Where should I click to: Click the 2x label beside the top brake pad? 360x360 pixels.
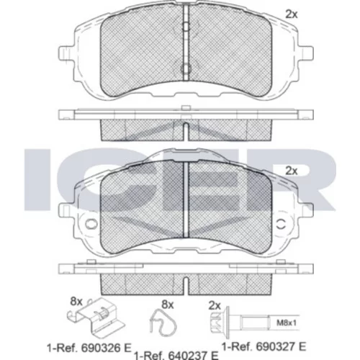[x=292, y=14]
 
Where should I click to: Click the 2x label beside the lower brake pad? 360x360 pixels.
[x=292, y=171]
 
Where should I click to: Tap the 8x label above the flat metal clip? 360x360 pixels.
[x=76, y=302]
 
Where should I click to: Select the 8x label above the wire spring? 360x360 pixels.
[x=167, y=305]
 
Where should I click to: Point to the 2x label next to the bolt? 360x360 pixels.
[x=215, y=306]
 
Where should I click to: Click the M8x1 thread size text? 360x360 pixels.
[x=287, y=323]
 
